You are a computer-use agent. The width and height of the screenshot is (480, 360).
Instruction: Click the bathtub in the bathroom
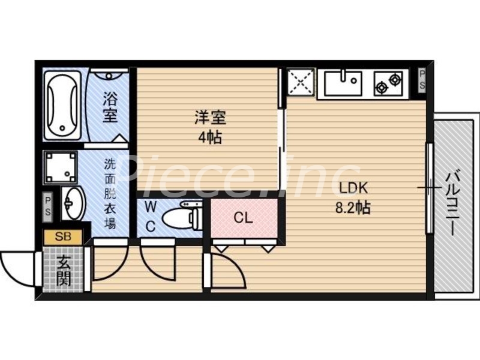(x=62, y=104)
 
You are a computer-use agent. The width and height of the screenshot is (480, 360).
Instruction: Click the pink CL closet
(x=243, y=218)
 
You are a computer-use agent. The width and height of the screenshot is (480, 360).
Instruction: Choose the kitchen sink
(x=343, y=83)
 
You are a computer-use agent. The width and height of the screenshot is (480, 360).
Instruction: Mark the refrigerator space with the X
(x=301, y=83)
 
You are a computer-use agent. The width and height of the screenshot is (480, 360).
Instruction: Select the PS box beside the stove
(x=422, y=79)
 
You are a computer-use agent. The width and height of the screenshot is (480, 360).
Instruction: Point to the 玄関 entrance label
(x=63, y=270)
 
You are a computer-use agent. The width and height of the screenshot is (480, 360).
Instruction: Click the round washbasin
(x=73, y=203)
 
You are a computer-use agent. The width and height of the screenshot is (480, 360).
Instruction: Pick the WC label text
(x=151, y=217)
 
